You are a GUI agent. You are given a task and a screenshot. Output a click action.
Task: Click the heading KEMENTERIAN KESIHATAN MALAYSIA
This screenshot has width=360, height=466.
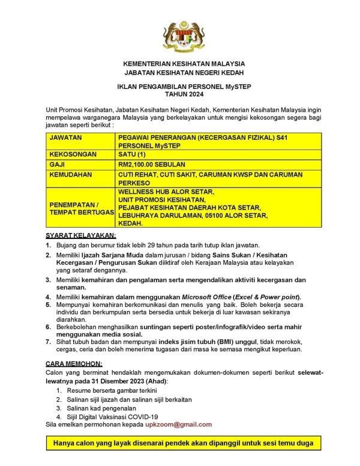pyautogui.click(x=179, y=64)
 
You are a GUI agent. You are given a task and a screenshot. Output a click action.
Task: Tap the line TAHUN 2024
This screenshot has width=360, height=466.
pyautogui.click(x=179, y=95)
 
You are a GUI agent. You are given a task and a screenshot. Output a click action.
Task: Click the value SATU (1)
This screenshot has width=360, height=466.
pyautogui.click(x=137, y=154)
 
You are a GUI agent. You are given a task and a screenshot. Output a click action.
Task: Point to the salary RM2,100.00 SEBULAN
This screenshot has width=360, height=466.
pyautogui.click(x=152, y=164)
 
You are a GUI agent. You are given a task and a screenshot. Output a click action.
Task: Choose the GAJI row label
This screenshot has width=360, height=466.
pyautogui.click(x=58, y=164)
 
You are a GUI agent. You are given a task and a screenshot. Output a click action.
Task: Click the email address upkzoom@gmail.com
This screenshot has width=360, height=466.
pyautogui.click(x=178, y=424)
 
